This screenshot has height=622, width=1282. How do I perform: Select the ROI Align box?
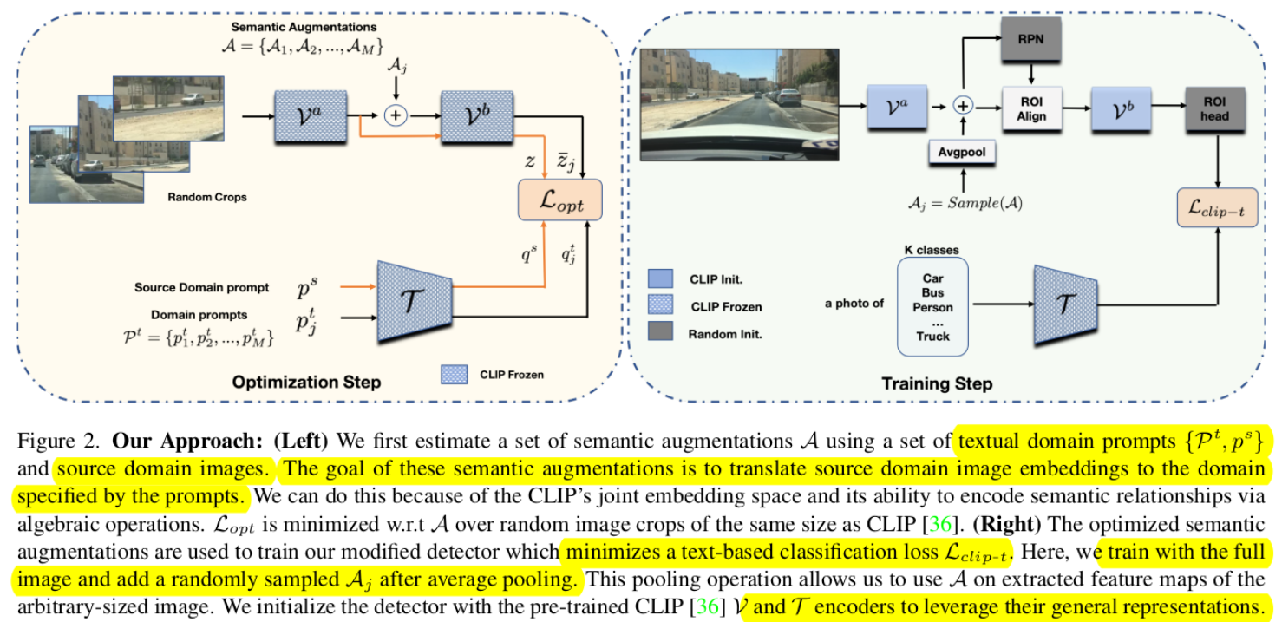[x=1031, y=108]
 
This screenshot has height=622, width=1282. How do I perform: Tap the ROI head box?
[x=1214, y=108]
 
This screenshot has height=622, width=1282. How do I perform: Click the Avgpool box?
[x=962, y=153]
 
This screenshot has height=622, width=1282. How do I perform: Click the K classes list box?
[x=932, y=306]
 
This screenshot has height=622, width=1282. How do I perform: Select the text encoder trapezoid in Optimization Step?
[x=414, y=300]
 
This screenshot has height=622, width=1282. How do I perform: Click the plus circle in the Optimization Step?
[x=396, y=115]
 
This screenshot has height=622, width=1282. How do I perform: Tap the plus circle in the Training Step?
[x=962, y=105]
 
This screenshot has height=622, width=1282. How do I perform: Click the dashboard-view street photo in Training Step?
[x=739, y=105]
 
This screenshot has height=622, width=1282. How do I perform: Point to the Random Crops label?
[x=206, y=197]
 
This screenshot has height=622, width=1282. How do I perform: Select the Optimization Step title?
[x=306, y=382]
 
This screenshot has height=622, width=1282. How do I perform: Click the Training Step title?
[x=936, y=383]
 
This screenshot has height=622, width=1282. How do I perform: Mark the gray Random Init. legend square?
[x=660, y=331]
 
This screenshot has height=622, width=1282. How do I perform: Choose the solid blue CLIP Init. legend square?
[x=660, y=278]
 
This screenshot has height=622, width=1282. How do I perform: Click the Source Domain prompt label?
[x=201, y=287]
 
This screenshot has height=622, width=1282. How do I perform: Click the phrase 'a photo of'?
[x=854, y=304]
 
